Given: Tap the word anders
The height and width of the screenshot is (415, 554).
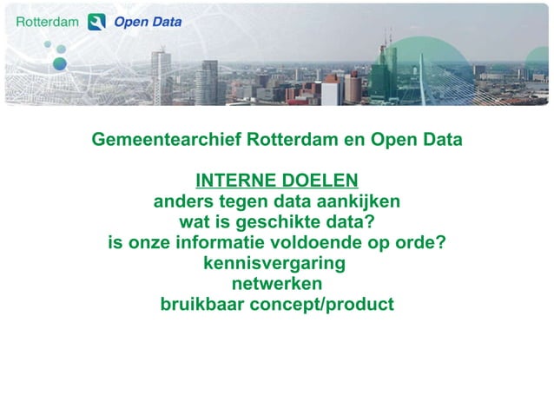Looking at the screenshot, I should [x=180, y=201].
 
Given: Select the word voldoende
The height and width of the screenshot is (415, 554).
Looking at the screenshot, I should [x=326, y=243].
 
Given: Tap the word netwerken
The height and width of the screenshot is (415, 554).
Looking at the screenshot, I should [x=277, y=284].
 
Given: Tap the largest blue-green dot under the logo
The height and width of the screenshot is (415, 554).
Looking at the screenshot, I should [x=59, y=63].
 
